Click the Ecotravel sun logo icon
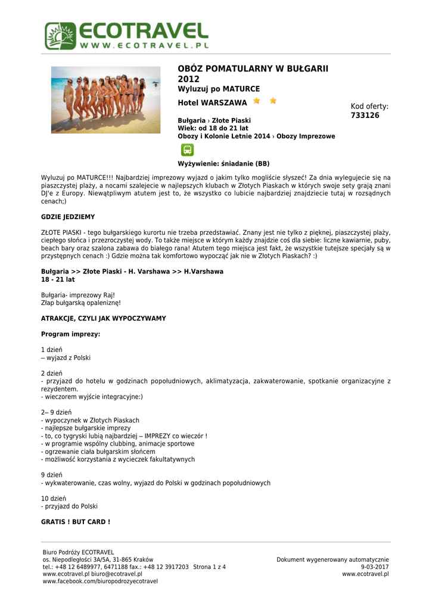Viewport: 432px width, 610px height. (x=61, y=36)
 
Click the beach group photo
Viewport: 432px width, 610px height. (x=105, y=100)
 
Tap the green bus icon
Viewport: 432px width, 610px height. (x=187, y=150)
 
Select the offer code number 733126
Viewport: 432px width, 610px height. (x=365, y=115)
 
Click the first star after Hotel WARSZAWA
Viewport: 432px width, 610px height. (x=256, y=101)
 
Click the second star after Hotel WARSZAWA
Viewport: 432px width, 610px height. (x=273, y=101)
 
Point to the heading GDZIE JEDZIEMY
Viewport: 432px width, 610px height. (x=67, y=217)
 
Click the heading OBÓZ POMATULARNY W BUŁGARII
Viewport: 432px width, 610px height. (x=253, y=69)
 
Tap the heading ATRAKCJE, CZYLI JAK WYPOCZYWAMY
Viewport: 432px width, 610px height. (x=103, y=319)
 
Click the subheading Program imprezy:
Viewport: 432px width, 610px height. (x=70, y=334)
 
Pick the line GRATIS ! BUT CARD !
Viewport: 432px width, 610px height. (x=75, y=522)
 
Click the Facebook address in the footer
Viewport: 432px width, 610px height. (x=100, y=581)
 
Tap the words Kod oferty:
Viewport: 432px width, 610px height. (x=369, y=106)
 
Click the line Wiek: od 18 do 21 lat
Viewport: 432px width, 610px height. (x=213, y=128)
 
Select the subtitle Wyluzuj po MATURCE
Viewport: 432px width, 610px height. (x=219, y=89)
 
